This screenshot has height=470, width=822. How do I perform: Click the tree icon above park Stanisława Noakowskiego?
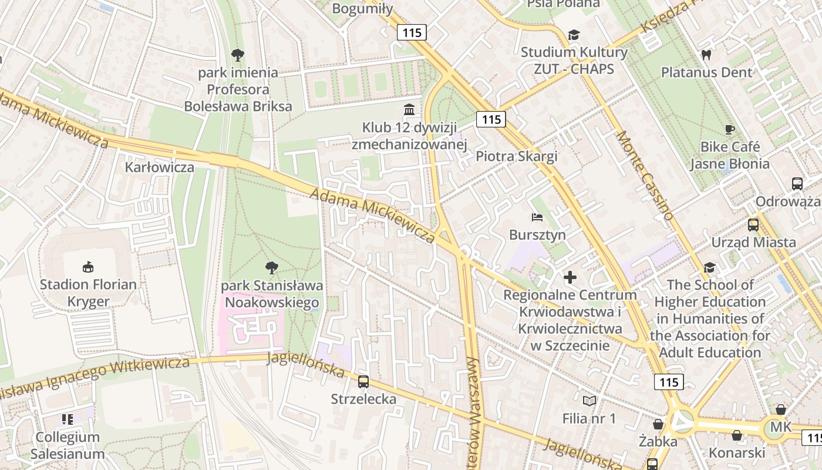(271, 268)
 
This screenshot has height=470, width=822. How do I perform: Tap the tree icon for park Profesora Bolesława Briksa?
(238, 56)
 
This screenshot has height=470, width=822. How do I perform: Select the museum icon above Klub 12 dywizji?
(409, 110)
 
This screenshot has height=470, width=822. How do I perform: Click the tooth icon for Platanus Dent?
(706, 55)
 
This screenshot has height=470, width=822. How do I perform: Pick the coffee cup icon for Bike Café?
(729, 129)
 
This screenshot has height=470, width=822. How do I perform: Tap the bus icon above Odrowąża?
(797, 184)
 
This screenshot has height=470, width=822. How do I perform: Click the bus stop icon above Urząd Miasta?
(753, 225)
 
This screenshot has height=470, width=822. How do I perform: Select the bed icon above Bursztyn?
(537, 217)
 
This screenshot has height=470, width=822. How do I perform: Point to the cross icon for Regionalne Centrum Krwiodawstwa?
(570, 277)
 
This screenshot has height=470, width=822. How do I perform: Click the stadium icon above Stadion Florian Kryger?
(88, 267)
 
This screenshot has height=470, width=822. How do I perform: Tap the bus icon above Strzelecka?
(363, 382)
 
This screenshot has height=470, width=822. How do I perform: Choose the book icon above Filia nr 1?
(589, 401)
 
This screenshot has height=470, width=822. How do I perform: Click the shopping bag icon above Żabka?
(658, 424)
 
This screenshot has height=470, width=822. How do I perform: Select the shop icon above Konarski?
(736, 435)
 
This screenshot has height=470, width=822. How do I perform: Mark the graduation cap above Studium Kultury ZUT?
(573, 35)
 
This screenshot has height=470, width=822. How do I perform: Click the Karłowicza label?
(159, 167)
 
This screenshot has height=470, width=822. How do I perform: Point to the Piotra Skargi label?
(516, 156)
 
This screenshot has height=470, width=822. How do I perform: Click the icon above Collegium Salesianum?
(67, 419)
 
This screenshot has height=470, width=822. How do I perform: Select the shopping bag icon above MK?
(780, 409)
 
